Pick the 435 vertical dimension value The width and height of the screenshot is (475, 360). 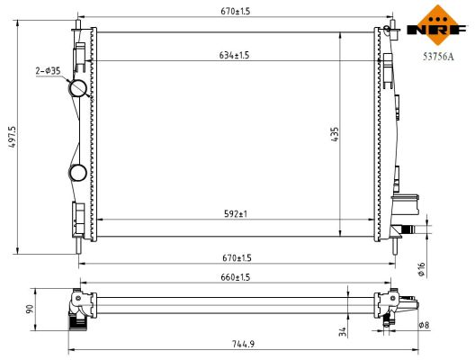click(x=334, y=135)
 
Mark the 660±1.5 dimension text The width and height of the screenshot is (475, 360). click(x=234, y=278)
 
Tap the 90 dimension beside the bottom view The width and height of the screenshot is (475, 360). click(x=30, y=309)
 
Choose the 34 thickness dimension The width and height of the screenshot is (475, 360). click(x=343, y=332)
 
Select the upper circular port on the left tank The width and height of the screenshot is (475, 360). click(x=78, y=89)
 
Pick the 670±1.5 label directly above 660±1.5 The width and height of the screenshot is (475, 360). click(x=233, y=258)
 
